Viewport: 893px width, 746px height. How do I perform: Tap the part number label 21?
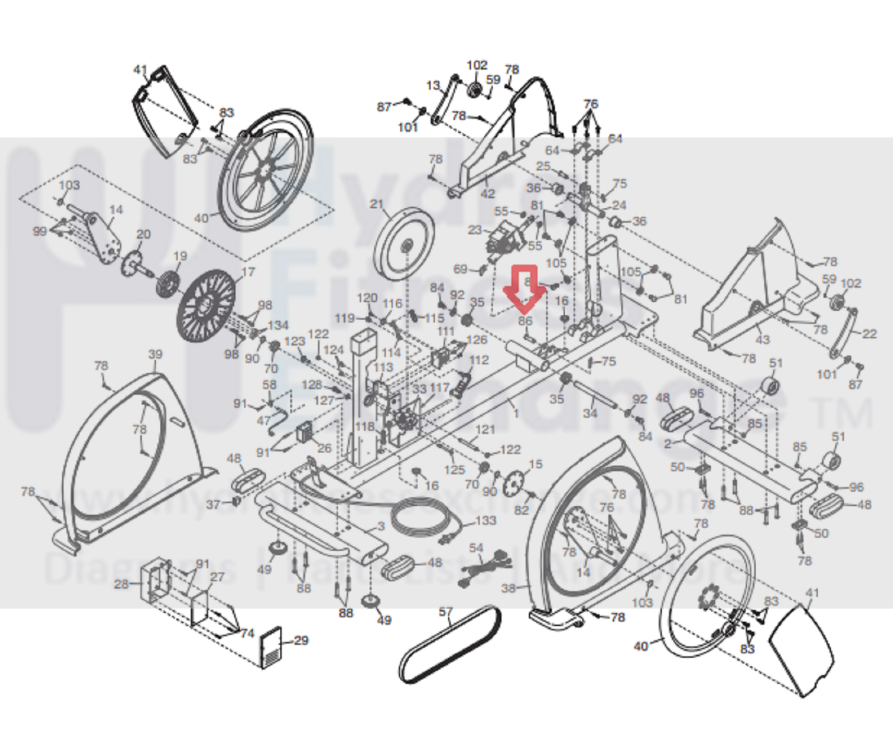(x=376, y=204)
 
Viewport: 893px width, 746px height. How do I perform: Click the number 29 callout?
(x=301, y=640)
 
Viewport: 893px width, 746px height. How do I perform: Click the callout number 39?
(x=155, y=354)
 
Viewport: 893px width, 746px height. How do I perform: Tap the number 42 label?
(x=488, y=193)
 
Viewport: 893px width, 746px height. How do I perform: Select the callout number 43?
(x=762, y=339)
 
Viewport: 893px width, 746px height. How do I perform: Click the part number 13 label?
(x=433, y=85)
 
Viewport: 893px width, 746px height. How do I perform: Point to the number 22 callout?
(x=869, y=333)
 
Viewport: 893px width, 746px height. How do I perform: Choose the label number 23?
(x=474, y=230)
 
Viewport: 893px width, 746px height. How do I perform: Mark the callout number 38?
(x=508, y=587)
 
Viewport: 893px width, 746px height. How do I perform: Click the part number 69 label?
(x=460, y=269)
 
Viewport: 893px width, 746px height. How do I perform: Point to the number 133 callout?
(x=486, y=520)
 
